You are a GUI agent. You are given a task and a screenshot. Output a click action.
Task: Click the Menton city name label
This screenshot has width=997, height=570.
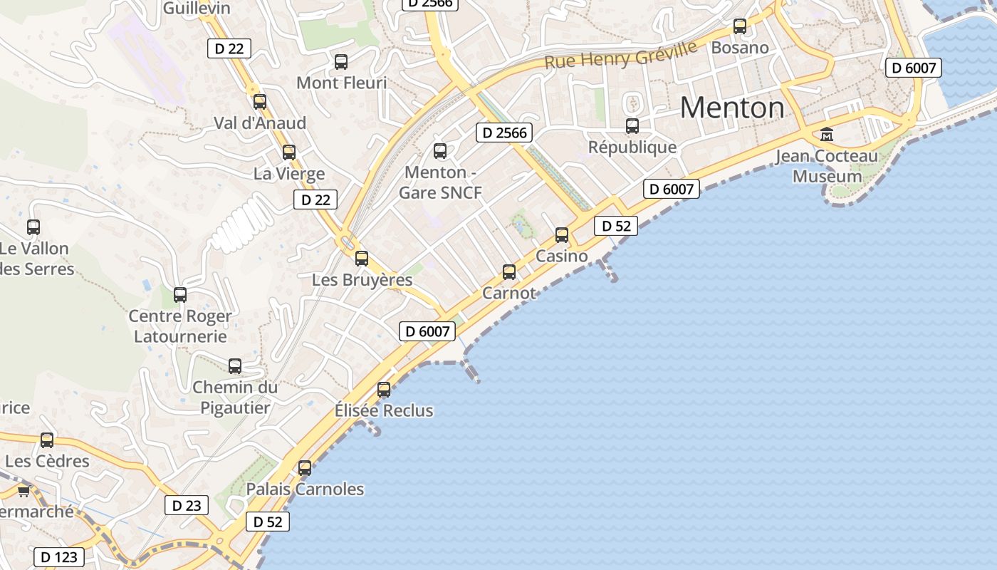point(732,108)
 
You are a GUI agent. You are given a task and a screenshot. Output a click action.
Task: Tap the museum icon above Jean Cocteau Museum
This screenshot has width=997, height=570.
point(827,134)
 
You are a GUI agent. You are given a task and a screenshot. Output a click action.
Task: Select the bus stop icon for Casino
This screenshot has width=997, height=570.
point(562,235)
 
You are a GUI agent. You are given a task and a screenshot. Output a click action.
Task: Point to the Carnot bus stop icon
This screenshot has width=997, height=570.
point(509,271)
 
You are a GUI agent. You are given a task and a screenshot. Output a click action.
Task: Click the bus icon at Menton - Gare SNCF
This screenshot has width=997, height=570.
point(440,151)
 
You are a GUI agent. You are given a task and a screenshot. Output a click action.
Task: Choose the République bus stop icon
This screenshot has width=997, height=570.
point(632,126)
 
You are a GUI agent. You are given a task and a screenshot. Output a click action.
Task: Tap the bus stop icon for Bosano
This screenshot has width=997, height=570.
point(740,27)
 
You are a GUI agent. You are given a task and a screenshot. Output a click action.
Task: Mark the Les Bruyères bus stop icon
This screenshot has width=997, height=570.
point(362,259)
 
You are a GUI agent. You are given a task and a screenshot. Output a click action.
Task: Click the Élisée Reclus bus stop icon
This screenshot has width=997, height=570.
point(384,390)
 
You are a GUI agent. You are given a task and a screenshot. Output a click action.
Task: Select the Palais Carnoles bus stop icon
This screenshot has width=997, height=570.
point(305,468)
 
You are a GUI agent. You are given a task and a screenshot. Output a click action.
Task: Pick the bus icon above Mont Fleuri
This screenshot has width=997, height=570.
point(341,62)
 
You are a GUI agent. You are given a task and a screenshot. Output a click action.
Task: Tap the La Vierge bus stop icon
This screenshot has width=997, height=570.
point(289,152)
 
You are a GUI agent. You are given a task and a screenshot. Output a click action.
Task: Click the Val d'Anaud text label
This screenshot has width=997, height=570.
point(260,123)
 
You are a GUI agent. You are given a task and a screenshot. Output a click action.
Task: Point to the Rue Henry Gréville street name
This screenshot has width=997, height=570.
point(621,55)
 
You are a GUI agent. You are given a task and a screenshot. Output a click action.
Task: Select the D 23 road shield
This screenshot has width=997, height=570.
point(187,505)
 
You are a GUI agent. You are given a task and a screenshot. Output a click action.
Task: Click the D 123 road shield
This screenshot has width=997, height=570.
point(59,556)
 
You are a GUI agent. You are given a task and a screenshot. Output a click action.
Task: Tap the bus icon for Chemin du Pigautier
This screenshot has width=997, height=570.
point(235,366)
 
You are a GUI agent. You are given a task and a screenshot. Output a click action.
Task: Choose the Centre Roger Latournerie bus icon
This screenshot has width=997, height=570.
point(180,295)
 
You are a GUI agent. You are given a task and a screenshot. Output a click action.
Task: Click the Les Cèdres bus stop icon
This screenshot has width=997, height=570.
point(47,440)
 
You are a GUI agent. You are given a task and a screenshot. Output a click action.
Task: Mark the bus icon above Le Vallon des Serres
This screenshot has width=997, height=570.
point(33,227)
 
